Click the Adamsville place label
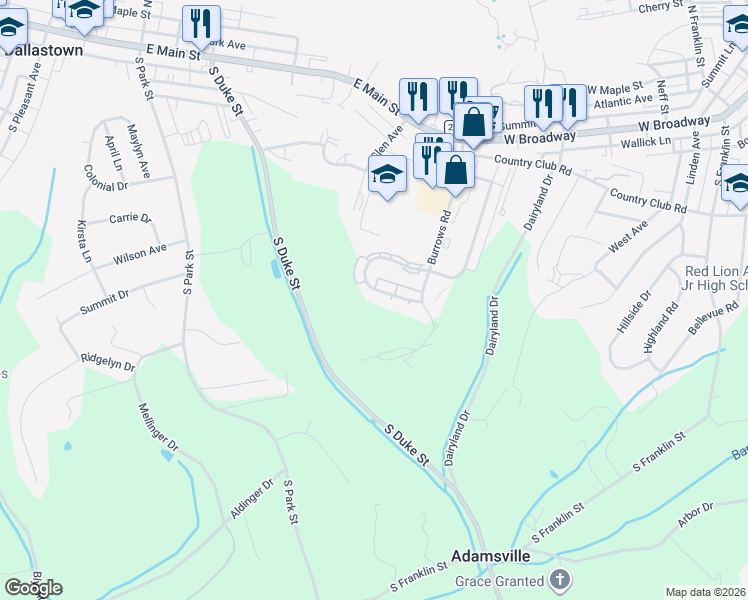click(488, 555)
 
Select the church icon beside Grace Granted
click(560, 580)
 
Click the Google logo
click(33, 587)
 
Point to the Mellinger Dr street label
click(157, 426)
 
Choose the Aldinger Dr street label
click(251, 499)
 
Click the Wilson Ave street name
click(140, 254)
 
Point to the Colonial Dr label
click(108, 185)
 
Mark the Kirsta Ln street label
click(84, 242)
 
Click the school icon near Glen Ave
click(387, 173)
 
